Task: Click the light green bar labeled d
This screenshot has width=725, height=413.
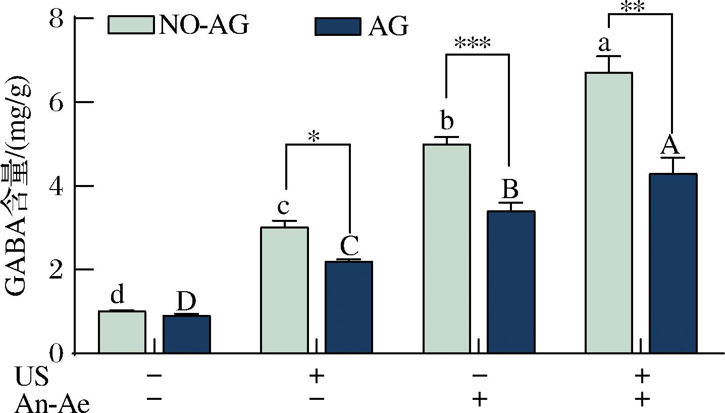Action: [122, 332]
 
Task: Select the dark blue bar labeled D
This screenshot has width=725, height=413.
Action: [186, 334]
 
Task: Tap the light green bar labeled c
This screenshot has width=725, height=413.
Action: [284, 290]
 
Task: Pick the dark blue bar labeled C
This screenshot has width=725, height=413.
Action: [349, 307]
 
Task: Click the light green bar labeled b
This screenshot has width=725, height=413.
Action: [447, 248]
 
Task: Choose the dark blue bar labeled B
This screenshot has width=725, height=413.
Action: [511, 282]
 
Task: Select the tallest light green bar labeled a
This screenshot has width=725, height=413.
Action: [609, 212]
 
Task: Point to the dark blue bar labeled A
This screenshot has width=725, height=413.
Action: [673, 263]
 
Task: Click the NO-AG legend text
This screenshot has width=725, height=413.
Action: [204, 25]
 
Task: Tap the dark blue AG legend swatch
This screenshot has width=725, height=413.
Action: [338, 26]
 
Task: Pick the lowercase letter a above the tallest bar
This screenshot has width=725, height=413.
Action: [604, 44]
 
